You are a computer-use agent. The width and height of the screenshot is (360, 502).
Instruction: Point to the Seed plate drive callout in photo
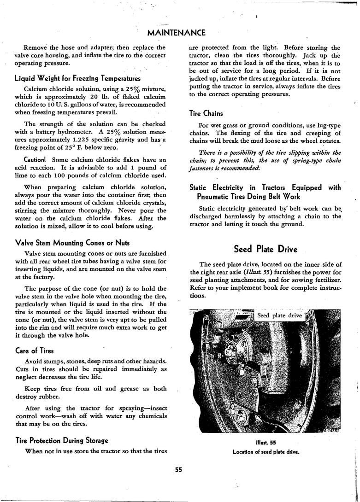[279, 315]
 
